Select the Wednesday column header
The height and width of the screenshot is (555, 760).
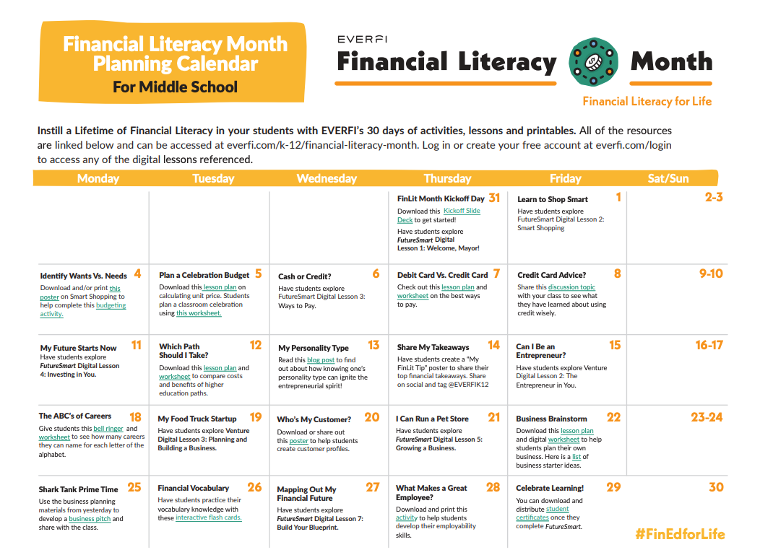(x=327, y=178)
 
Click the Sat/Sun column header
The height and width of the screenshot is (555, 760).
(x=668, y=178)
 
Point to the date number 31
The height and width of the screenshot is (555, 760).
(x=494, y=198)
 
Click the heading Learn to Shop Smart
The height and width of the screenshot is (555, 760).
(x=552, y=199)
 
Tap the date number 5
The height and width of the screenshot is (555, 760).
(x=258, y=274)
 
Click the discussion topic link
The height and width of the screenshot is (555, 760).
(x=571, y=287)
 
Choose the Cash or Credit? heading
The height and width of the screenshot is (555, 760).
(x=305, y=276)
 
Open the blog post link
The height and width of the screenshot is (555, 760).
(x=320, y=360)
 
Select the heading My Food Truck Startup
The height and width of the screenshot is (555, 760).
(x=197, y=419)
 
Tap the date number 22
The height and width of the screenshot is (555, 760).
(x=613, y=417)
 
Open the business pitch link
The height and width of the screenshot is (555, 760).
(x=90, y=519)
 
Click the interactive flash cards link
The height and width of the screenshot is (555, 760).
(x=209, y=517)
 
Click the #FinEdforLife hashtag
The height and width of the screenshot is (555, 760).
(x=679, y=535)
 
